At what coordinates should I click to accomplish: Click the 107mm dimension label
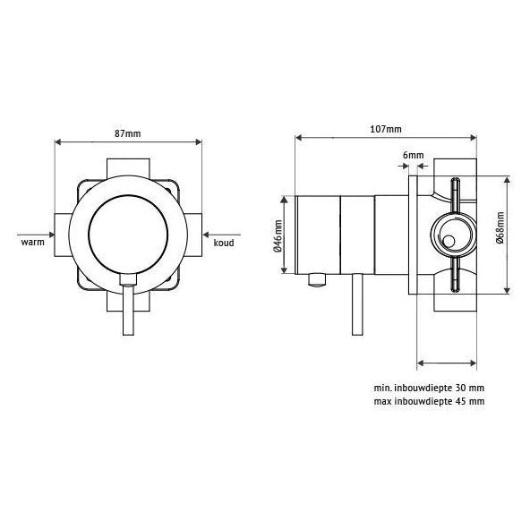pyautogui.click(x=386, y=129)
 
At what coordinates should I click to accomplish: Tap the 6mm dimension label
pyautogui.click(x=413, y=155)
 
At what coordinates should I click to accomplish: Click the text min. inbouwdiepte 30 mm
pyautogui.click(x=429, y=389)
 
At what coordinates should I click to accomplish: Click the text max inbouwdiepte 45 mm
pyautogui.click(x=429, y=402)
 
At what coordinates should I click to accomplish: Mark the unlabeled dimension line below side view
pyautogui.click(x=448, y=363)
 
